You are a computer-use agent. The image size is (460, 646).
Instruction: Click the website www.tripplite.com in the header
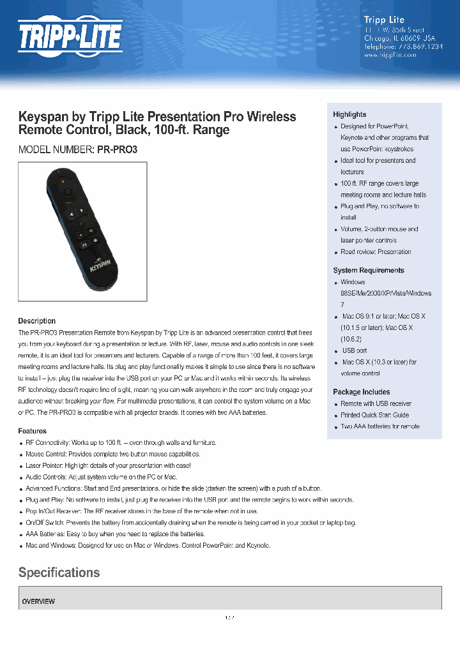[390, 55]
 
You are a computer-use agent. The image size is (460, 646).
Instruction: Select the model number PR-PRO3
[117, 149]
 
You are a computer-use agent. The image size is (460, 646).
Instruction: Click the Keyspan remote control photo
[83, 231]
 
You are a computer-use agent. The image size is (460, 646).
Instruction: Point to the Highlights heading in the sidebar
[349, 114]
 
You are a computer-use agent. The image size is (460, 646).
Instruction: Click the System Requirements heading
[368, 270]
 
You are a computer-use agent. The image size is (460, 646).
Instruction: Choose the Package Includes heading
[361, 392]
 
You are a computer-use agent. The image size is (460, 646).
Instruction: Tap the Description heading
[36, 321]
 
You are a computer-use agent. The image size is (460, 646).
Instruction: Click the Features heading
[32, 431]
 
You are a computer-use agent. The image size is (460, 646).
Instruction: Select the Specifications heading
[59, 572]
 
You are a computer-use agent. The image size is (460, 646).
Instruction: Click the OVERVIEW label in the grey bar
[38, 601]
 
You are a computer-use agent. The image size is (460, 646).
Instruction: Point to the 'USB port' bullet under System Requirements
[355, 350]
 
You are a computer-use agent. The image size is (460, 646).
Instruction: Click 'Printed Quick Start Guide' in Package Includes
[374, 415]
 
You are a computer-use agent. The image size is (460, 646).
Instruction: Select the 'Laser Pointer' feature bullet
[108, 465]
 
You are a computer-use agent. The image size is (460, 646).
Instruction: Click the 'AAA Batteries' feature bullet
[115, 534]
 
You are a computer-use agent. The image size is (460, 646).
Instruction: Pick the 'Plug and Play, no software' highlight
[379, 206]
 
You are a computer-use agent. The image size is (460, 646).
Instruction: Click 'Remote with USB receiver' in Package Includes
[376, 403]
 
